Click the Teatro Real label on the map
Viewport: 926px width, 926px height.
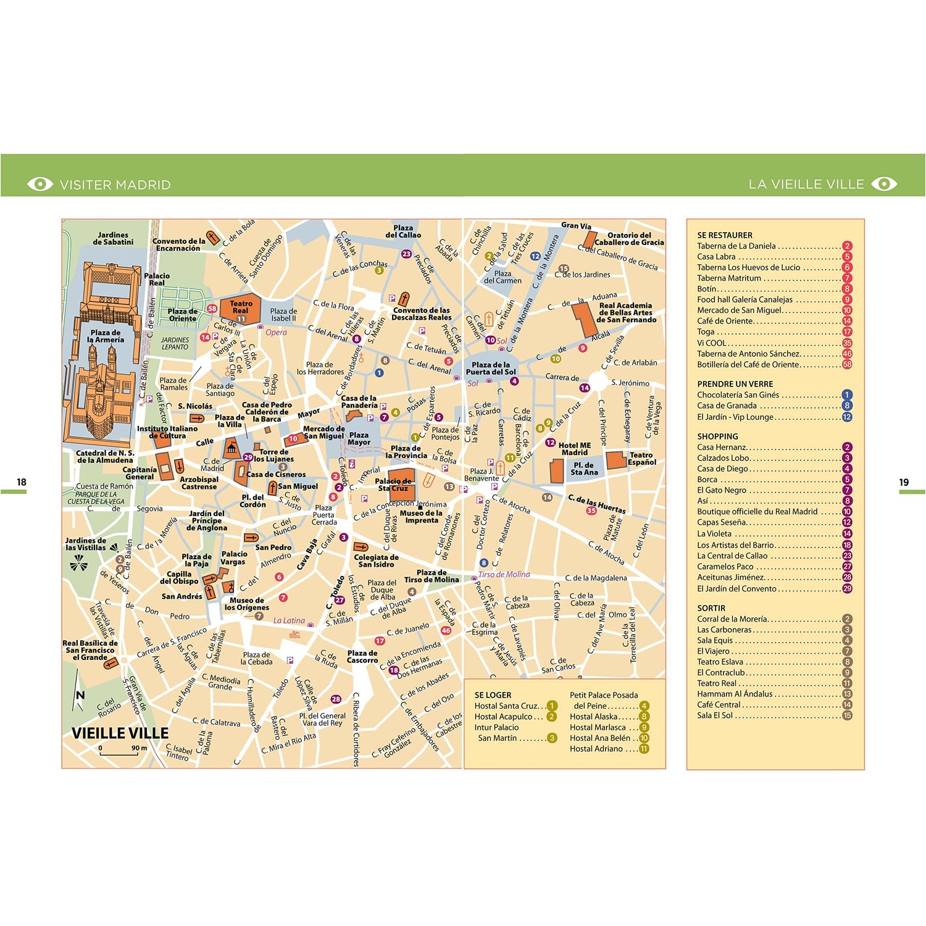pos(241,307)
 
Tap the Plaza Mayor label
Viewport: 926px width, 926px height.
pos(359,438)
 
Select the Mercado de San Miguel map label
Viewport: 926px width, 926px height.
pos(323,432)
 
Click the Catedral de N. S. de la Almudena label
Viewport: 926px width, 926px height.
pos(104,456)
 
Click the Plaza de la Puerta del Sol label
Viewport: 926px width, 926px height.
pos(491,369)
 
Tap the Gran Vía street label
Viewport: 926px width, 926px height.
pos(576,226)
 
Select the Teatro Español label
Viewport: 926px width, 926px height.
pos(641,458)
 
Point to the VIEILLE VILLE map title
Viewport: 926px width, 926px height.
pos(120,733)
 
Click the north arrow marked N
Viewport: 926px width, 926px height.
pos(79,694)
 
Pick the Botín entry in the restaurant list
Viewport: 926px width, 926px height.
pos(707,289)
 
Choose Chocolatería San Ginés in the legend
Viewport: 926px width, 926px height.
pos(738,395)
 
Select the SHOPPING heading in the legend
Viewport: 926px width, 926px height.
pos(717,436)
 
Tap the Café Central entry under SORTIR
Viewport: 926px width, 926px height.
pos(719,704)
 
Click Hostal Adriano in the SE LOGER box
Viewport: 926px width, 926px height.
pos(596,749)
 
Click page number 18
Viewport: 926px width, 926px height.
pos(22,482)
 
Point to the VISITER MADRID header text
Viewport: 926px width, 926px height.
pos(115,185)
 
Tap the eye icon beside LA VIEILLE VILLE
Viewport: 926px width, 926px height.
pos(884,184)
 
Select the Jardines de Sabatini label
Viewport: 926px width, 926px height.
pos(113,238)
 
